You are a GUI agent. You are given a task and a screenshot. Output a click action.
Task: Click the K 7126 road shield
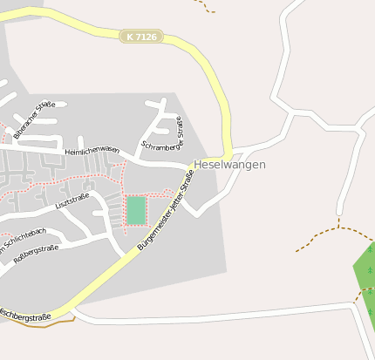point(141,37)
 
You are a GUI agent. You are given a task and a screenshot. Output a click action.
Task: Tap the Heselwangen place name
point(230,165)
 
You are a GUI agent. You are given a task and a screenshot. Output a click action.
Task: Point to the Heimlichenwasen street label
point(92,150)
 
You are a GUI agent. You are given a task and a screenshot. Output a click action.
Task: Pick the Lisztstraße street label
point(72,201)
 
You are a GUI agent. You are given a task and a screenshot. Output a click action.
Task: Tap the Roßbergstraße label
point(36,254)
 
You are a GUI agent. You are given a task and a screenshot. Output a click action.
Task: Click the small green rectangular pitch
point(136,210)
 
